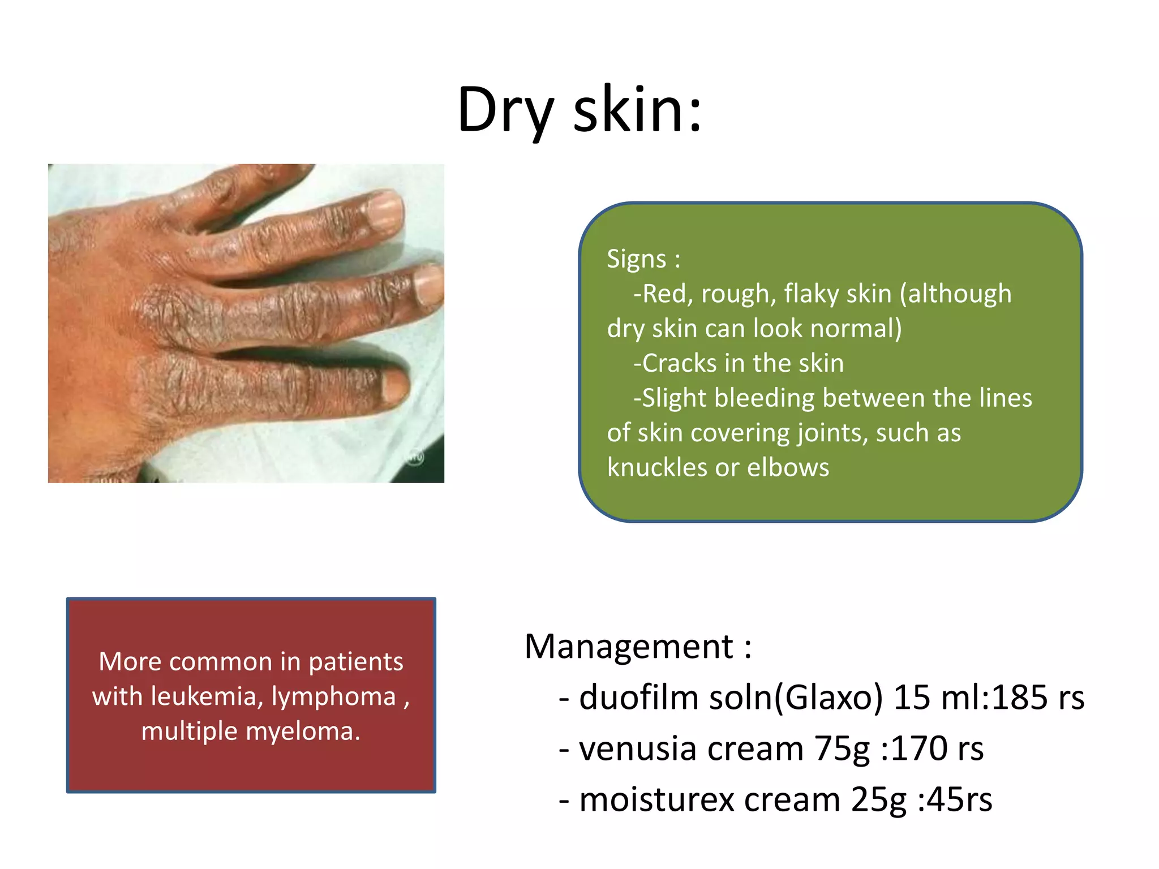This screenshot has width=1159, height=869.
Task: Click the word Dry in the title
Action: click(x=505, y=110)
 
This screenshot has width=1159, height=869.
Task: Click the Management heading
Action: click(x=628, y=646)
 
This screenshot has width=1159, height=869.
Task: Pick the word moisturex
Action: click(x=656, y=800)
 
